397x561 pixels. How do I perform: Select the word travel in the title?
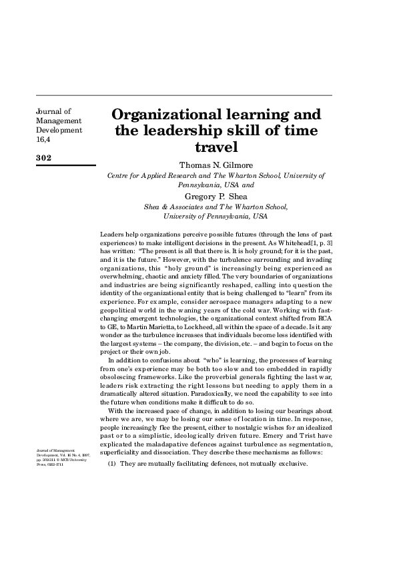(216, 145)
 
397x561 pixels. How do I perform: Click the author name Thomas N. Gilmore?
(216, 165)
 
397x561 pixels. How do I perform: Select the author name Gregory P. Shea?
(216, 197)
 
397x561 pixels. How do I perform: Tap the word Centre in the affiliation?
(119, 176)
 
